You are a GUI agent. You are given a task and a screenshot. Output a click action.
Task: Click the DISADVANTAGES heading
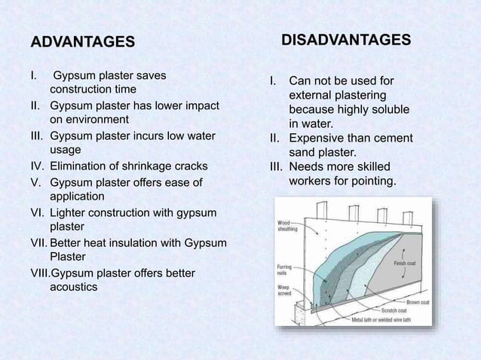(x=346, y=39)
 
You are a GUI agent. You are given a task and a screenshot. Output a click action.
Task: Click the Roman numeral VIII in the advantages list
(x=38, y=273)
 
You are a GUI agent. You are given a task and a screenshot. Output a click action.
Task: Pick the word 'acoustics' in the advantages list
(x=73, y=287)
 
